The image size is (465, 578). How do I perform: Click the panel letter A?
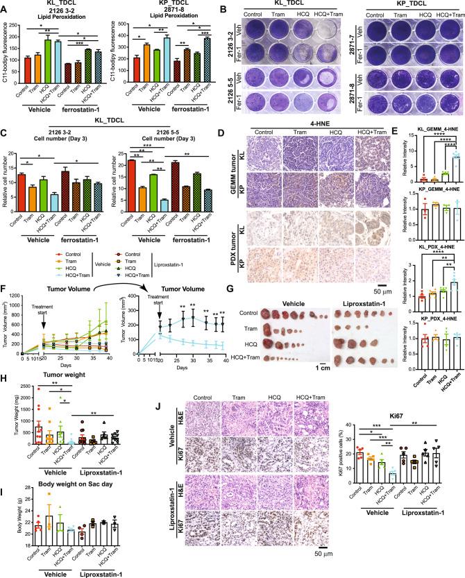[6, 6]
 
